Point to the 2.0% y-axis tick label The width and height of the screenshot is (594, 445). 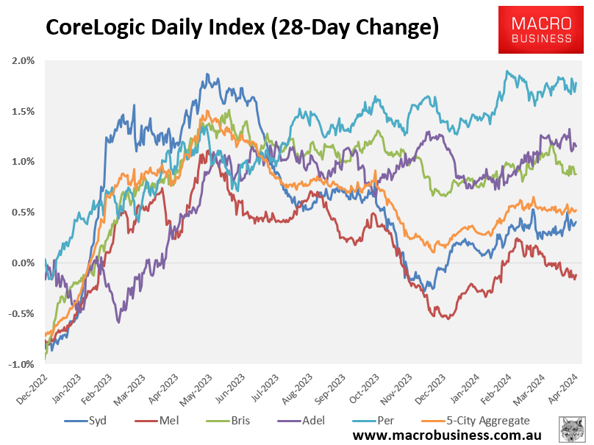point(24,61)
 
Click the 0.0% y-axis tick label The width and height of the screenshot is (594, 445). point(24,263)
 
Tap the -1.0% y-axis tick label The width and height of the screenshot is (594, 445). point(22,364)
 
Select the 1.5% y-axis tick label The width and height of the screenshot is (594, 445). point(24,111)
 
